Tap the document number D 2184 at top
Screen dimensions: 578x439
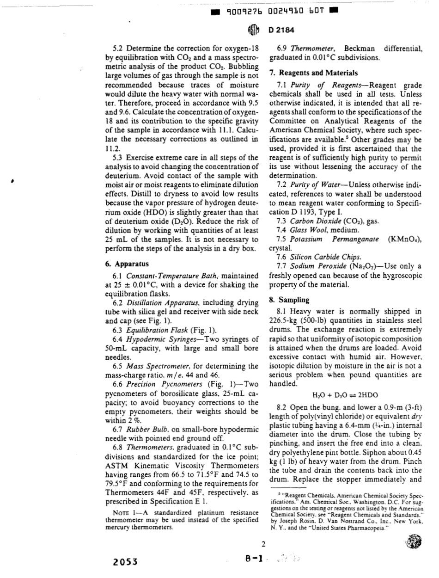279,31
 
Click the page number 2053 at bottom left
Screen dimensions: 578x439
126,562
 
